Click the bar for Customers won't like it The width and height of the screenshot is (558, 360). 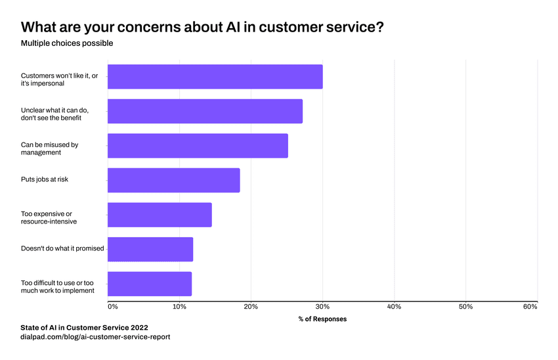click(215, 77)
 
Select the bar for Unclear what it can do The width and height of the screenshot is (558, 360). click(205, 111)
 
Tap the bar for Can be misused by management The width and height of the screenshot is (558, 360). click(198, 146)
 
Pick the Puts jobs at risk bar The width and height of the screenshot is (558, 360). click(173, 180)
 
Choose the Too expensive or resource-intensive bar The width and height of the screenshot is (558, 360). click(160, 215)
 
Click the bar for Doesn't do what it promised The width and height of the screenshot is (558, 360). click(150, 250)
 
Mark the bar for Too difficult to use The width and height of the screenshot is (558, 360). click(150, 284)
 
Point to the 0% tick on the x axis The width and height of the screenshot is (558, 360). click(112, 307)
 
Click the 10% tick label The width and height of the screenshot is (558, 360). click(179, 307)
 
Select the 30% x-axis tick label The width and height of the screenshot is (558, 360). click(322, 307)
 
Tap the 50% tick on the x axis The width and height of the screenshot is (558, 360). click(465, 307)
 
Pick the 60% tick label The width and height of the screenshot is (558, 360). click(530, 307)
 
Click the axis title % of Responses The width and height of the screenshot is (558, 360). click(322, 319)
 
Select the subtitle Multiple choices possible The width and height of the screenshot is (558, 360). click(67, 43)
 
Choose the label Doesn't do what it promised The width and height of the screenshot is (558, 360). click(62, 250)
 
